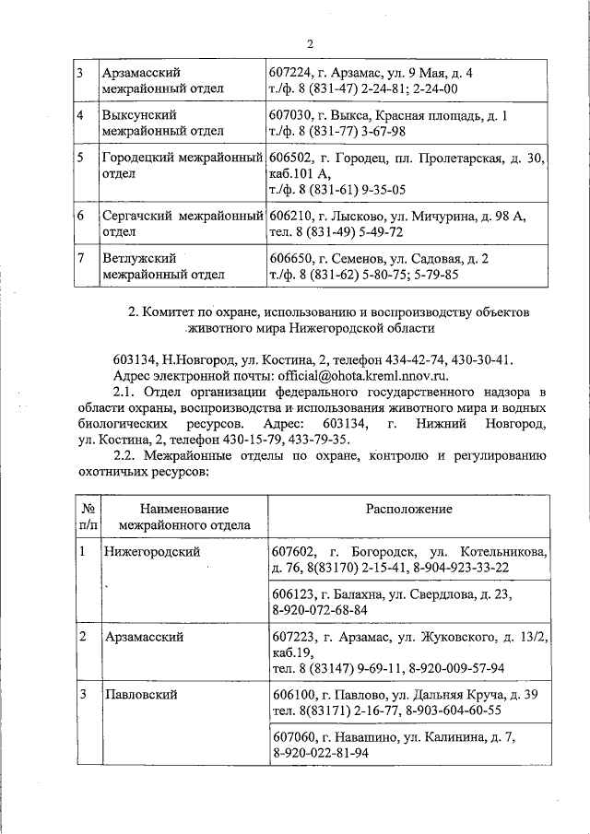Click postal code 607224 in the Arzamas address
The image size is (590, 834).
click(291, 72)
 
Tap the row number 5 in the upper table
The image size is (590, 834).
click(82, 159)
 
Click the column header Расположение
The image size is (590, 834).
click(408, 509)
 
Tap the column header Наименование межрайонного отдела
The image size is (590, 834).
click(184, 517)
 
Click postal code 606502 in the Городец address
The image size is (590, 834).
click(291, 159)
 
